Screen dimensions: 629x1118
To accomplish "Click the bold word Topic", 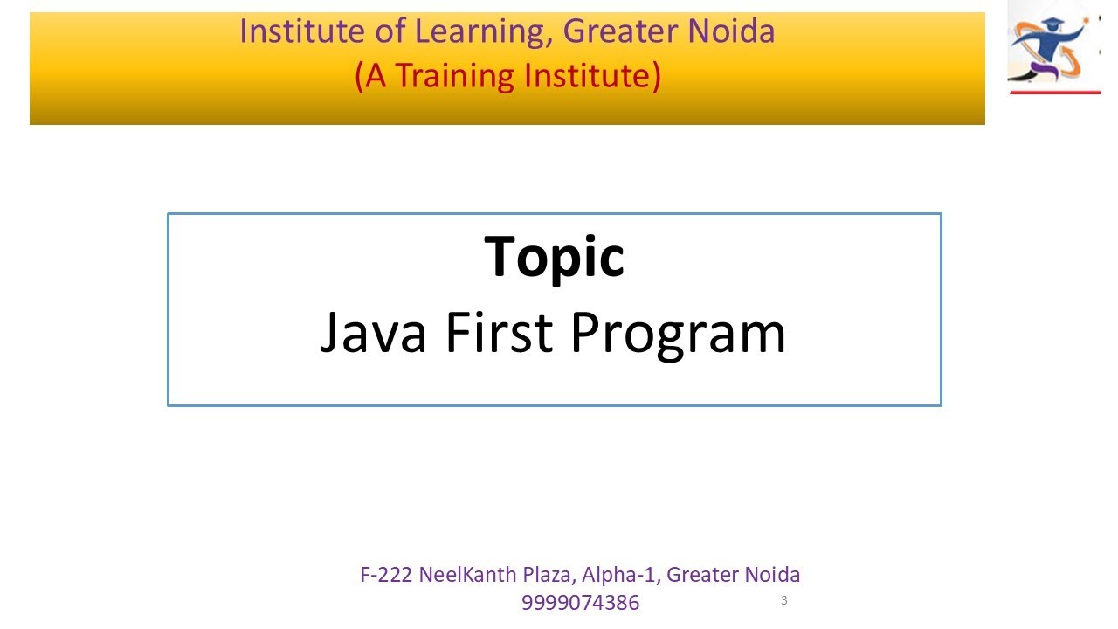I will [554, 256].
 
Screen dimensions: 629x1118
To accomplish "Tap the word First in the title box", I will [496, 333].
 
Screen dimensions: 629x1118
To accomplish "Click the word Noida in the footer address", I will [773, 575].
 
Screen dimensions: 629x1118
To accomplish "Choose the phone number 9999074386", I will [580, 603].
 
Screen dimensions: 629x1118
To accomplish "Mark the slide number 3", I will [784, 600].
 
